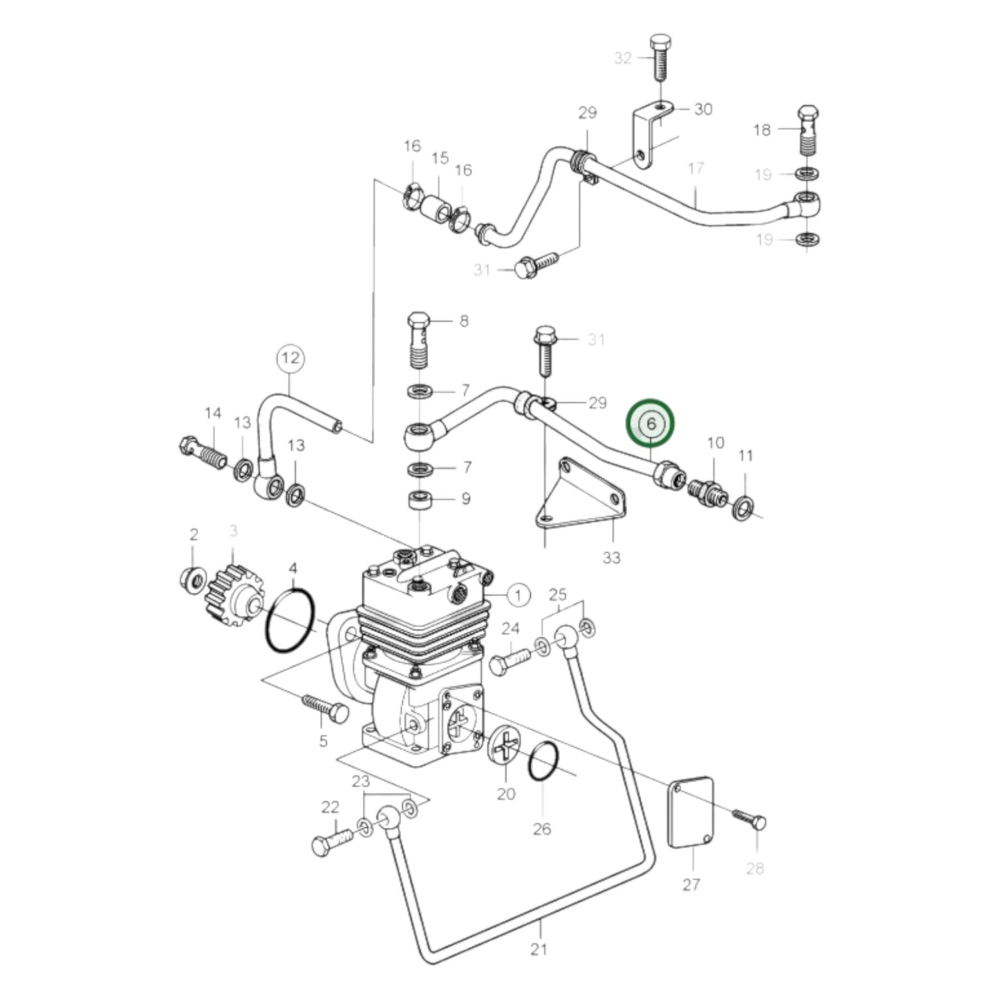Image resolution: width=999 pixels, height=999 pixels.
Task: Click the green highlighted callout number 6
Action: tap(650, 423)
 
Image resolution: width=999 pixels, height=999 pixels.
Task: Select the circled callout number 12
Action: tap(290, 357)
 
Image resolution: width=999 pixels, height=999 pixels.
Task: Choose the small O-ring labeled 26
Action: tap(543, 761)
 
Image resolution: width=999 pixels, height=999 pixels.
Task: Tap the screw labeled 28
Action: tap(749, 819)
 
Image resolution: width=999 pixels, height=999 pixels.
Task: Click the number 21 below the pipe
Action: tap(539, 949)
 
